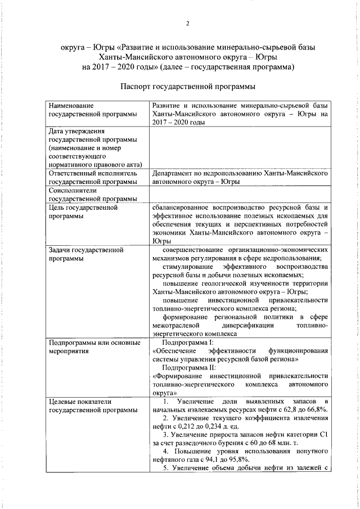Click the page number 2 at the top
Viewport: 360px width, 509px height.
(x=188, y=24)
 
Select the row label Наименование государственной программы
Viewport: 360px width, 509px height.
(x=93, y=110)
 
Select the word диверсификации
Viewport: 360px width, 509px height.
(x=251, y=326)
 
